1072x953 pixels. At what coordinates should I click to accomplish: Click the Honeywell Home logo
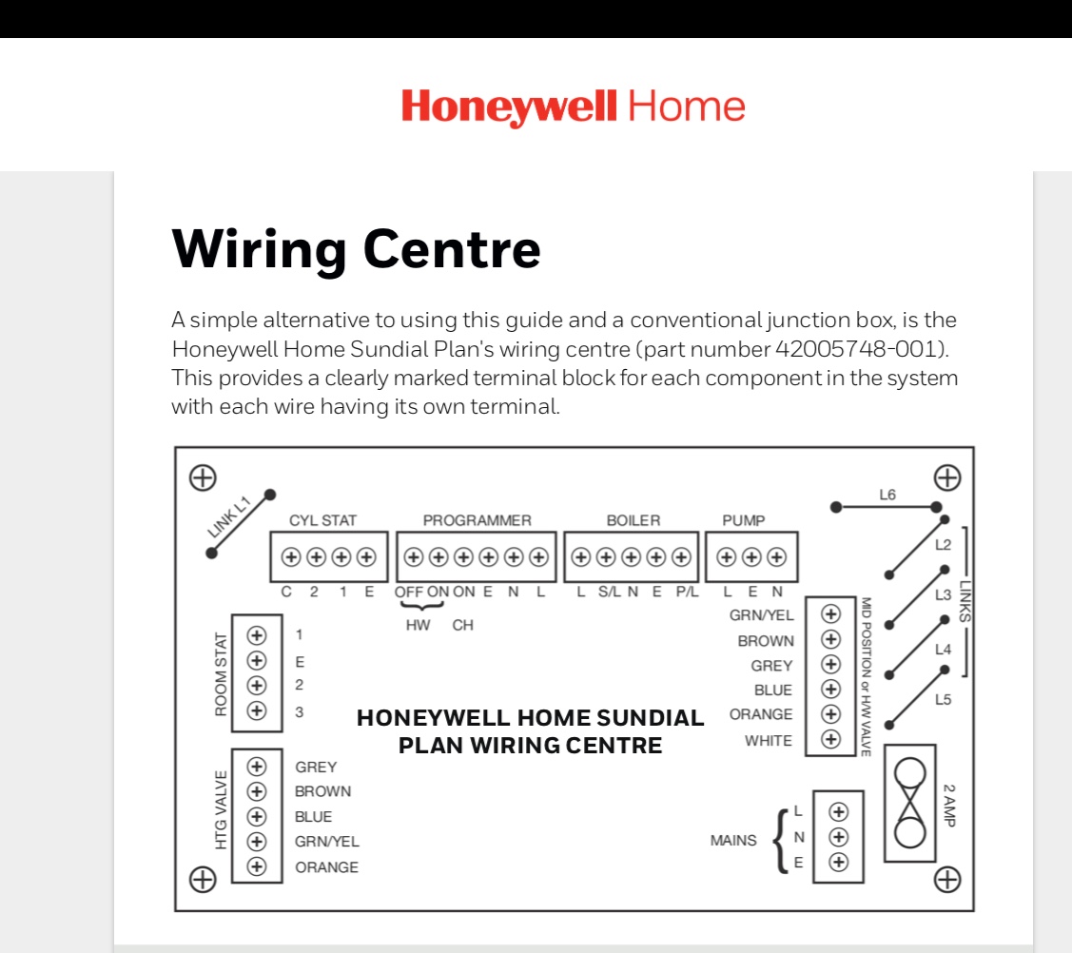pos(573,107)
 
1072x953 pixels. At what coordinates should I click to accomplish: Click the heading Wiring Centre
pos(357,248)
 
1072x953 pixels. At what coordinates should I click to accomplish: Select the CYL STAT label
pos(323,520)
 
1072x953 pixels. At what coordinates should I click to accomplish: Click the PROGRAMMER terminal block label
pos(477,520)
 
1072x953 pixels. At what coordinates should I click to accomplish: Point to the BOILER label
pos(633,520)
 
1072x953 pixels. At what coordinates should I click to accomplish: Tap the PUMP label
pos(743,520)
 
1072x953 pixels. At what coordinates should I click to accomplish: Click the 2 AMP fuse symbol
pos(910,804)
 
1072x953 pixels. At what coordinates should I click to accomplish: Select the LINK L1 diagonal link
pos(241,523)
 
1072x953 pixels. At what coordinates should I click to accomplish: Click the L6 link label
pos(887,495)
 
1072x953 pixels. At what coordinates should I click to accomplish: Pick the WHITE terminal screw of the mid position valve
pos(830,739)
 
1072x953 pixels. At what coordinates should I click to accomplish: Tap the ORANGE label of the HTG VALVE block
pos(326,867)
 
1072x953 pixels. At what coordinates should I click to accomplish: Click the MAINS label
pos(733,841)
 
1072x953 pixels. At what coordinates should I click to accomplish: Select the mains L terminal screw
pos(838,812)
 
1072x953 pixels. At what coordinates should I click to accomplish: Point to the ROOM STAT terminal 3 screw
pos(256,710)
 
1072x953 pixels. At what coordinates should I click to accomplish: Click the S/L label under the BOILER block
pos(608,592)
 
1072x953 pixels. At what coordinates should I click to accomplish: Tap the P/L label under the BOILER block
pos(687,592)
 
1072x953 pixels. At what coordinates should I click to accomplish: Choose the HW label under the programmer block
pos(418,625)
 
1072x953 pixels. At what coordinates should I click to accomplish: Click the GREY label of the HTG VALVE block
pos(316,767)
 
